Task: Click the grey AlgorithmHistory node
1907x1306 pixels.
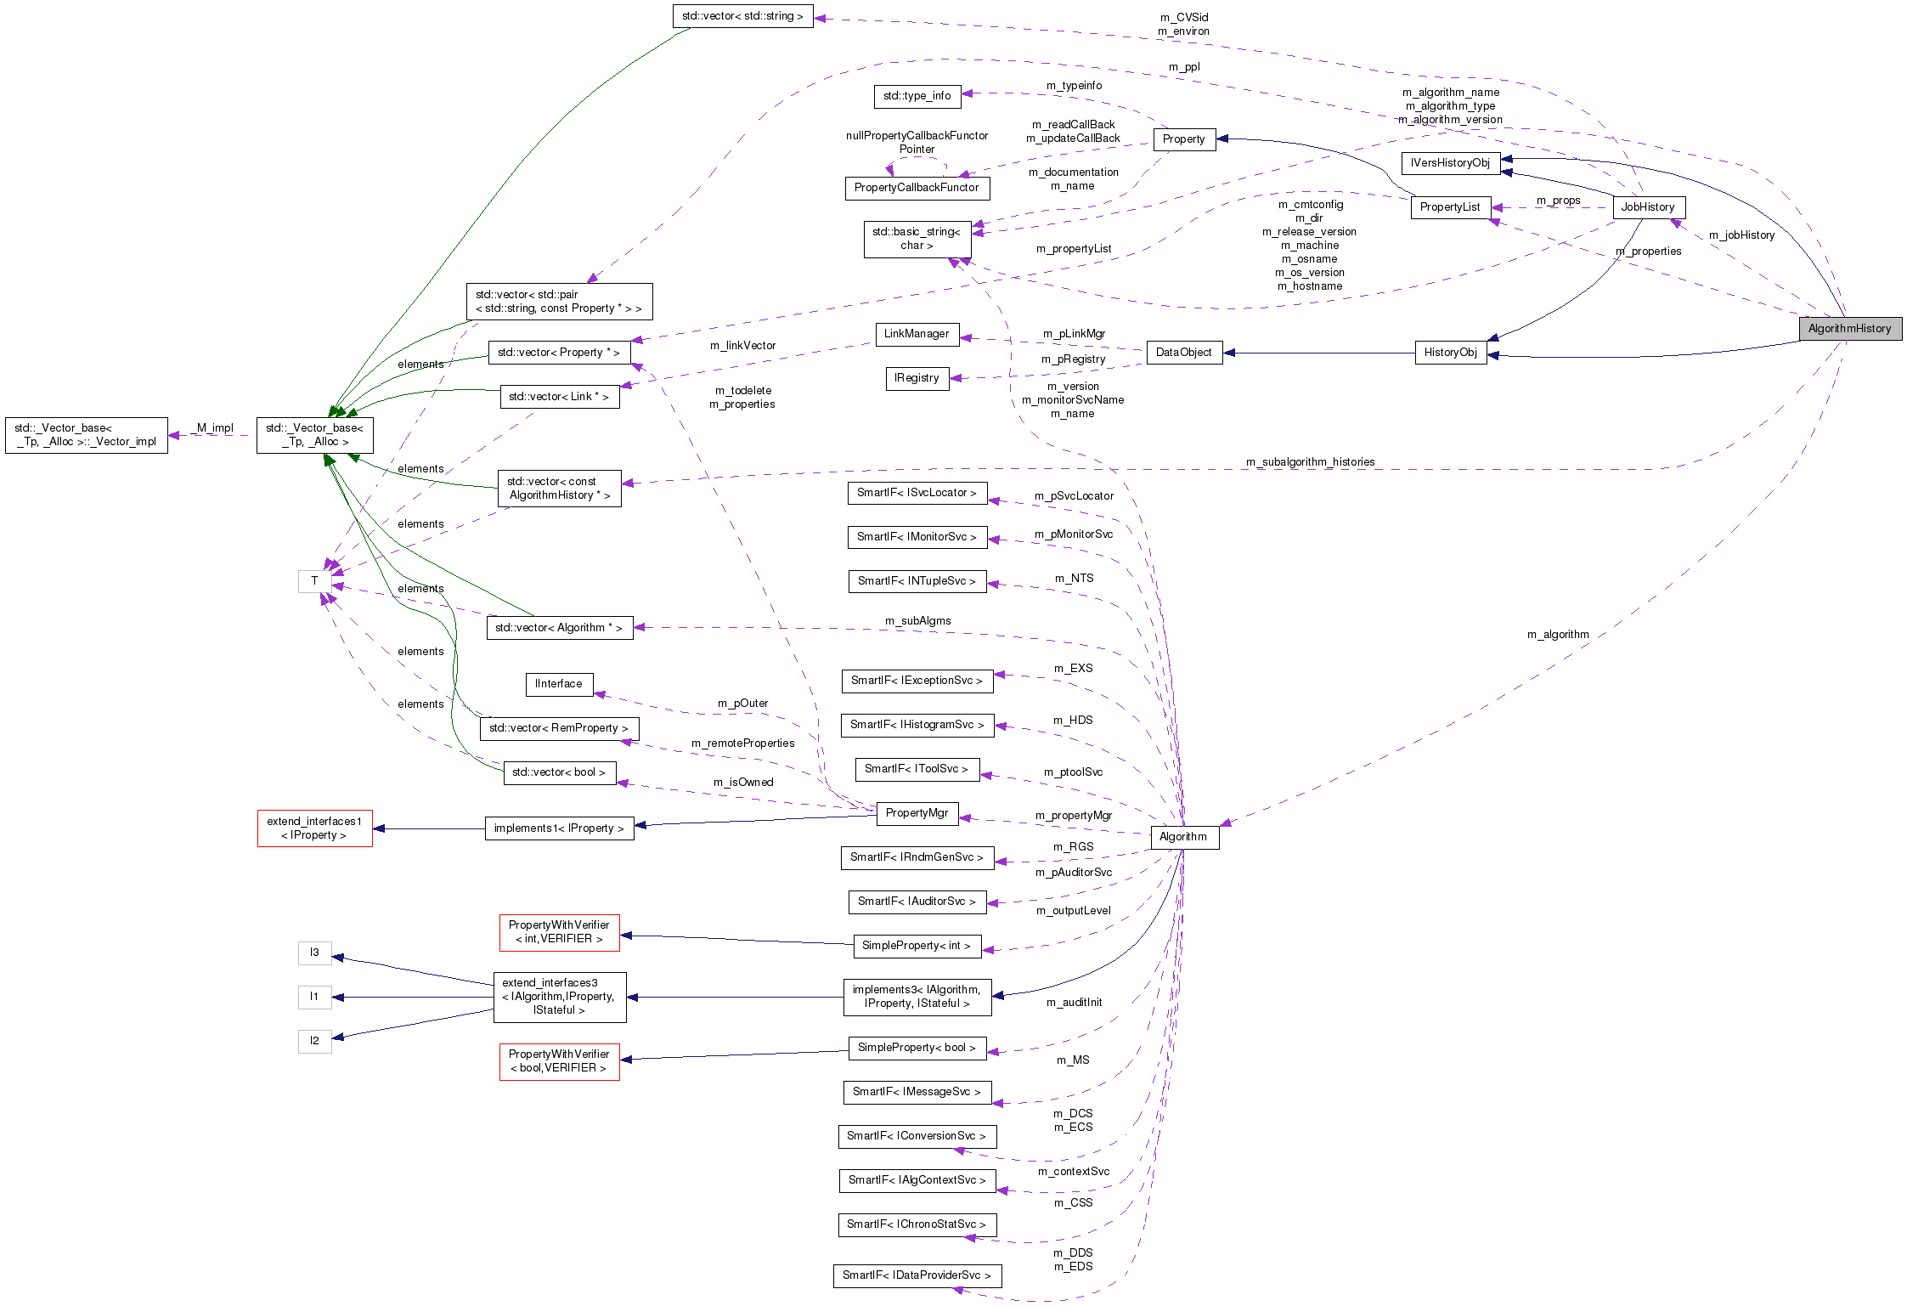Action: pos(1849,329)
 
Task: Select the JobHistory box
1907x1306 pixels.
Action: pos(1647,207)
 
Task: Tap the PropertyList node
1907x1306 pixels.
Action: pos(1449,207)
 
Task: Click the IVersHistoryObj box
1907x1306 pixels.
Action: pos(1449,163)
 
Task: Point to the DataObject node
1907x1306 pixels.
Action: pos(1183,353)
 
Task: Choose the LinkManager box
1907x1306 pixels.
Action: pos(917,334)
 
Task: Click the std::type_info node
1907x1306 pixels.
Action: pos(917,96)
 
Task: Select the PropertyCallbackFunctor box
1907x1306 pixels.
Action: pos(917,188)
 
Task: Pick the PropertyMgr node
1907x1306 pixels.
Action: pos(917,813)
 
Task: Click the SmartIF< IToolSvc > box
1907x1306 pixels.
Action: pos(917,769)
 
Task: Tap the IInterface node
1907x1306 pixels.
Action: pos(558,684)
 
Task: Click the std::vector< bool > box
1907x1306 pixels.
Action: pos(558,772)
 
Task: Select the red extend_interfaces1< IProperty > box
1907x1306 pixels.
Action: pos(314,828)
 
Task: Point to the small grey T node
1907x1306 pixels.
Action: pos(314,581)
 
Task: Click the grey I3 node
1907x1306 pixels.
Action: pos(314,953)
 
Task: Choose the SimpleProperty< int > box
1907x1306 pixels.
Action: pos(917,946)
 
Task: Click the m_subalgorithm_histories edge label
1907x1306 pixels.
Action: pos(1310,462)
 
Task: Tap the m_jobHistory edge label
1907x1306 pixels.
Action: pos(1741,235)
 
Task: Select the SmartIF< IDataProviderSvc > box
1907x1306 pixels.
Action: pos(917,1275)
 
